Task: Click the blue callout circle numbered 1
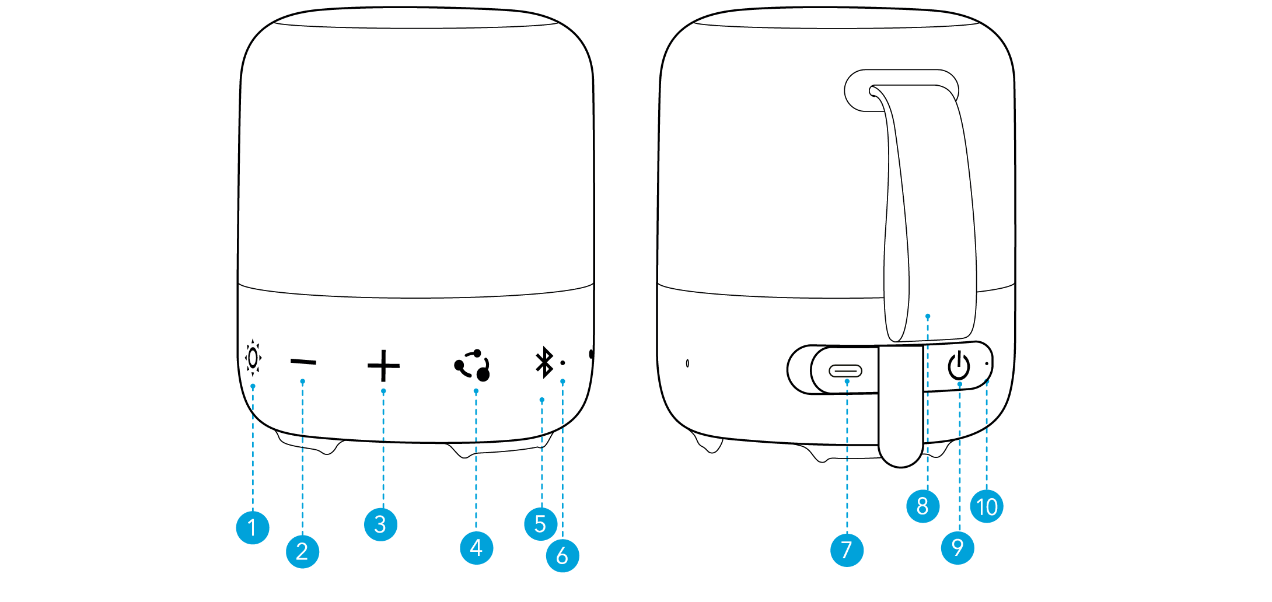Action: (252, 527)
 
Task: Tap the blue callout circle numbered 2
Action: (302, 551)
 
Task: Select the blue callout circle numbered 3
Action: (380, 524)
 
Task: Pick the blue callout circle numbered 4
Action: (476, 548)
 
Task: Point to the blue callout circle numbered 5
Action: (540, 524)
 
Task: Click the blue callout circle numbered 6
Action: (562, 555)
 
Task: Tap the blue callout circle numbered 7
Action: (847, 549)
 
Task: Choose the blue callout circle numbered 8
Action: (922, 506)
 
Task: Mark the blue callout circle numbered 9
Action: (958, 547)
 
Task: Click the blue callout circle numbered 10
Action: (987, 506)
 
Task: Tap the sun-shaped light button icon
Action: (253, 358)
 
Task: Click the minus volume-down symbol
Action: (303, 362)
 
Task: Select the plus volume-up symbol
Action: (383, 366)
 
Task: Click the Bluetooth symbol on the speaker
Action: (544, 362)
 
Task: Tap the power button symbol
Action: (959, 366)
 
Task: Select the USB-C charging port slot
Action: (845, 370)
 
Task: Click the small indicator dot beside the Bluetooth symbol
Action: (562, 363)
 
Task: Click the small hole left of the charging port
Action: (687, 363)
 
